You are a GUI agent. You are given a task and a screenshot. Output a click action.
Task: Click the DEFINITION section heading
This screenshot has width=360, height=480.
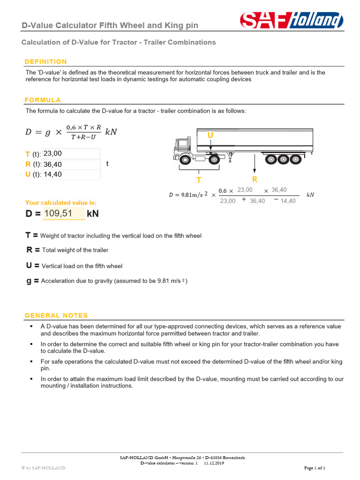pyautogui.click(x=45, y=61)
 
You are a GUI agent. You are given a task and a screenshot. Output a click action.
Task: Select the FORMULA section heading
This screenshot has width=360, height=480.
pyautogui.click(x=43, y=100)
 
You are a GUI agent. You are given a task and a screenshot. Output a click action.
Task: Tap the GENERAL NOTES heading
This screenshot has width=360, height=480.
pyautogui.click(x=56, y=315)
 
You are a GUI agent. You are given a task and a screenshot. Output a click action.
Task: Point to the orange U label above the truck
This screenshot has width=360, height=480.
pyautogui.click(x=210, y=135)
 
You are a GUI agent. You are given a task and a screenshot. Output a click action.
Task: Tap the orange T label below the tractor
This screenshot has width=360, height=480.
pyautogui.click(x=199, y=180)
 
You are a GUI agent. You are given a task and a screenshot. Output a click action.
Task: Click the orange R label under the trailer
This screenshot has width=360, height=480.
pyautogui.click(x=255, y=179)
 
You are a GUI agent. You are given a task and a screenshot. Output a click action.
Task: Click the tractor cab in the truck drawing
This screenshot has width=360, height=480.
pyautogui.click(x=184, y=148)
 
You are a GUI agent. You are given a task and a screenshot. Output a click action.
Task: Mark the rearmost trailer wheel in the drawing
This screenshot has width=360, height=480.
pyautogui.click(x=294, y=160)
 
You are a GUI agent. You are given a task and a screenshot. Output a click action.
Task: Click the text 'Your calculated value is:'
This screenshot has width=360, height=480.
pyautogui.click(x=60, y=202)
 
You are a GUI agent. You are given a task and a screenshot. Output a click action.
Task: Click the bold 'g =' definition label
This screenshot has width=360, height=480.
pyautogui.click(x=32, y=281)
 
